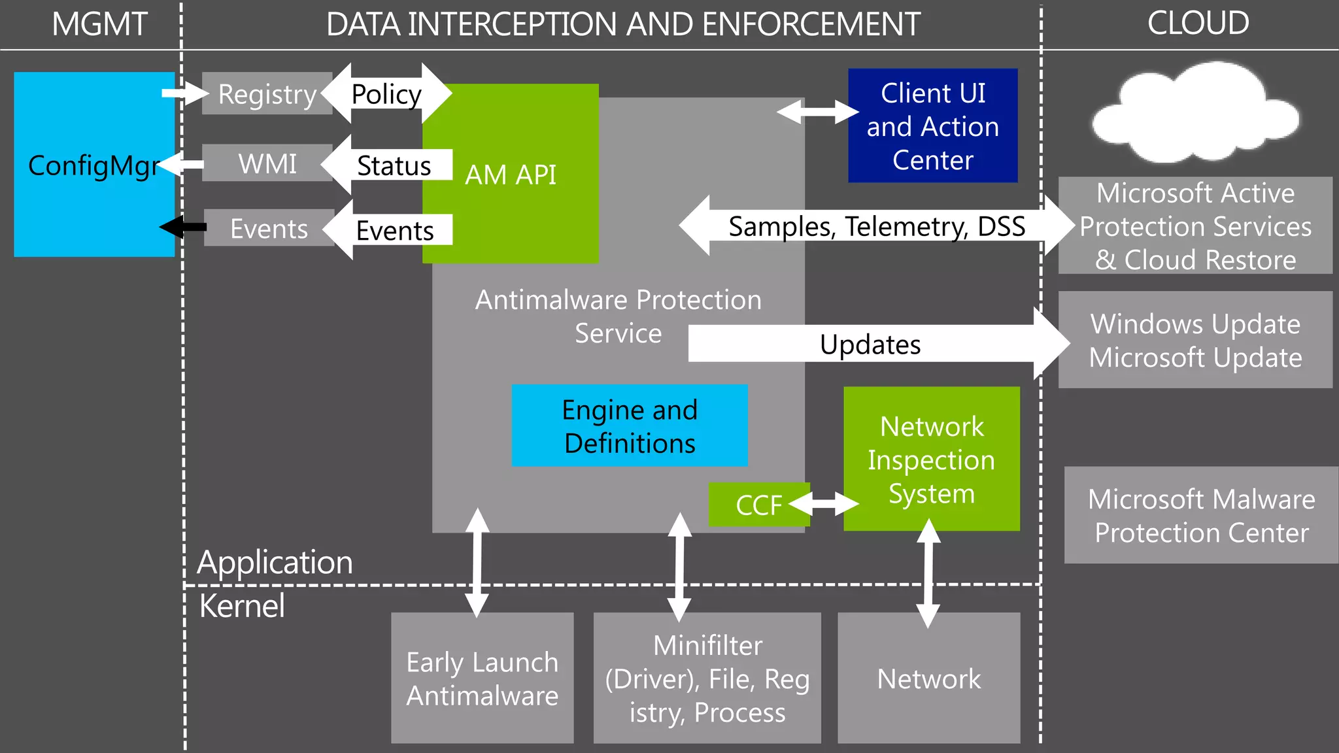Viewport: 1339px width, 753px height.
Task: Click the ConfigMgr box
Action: pyautogui.click(x=93, y=165)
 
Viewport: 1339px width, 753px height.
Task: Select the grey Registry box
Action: pyautogui.click(x=267, y=94)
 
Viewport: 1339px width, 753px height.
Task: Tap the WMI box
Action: pyautogui.click(x=267, y=163)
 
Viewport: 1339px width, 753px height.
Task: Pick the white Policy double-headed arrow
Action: pyautogui.click(x=386, y=93)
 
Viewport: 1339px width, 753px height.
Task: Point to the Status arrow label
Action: pyautogui.click(x=394, y=165)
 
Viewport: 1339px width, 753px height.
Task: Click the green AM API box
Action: pyautogui.click(x=510, y=175)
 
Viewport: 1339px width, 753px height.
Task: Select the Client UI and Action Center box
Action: pyautogui.click(x=932, y=125)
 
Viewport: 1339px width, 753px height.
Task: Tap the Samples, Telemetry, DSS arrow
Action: pyautogui.click(x=876, y=226)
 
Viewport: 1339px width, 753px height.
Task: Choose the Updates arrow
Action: pyautogui.click(x=870, y=344)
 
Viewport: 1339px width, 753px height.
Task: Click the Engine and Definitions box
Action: pyautogui.click(x=629, y=426)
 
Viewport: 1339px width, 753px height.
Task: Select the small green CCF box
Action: pyautogui.click(x=758, y=505)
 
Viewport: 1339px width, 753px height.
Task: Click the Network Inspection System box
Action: pyautogui.click(x=931, y=459)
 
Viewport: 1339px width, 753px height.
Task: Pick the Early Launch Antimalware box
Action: pyautogui.click(x=482, y=678)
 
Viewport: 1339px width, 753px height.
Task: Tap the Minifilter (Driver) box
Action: pyautogui.click(x=707, y=678)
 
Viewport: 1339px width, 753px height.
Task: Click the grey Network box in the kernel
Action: pyautogui.click(x=928, y=678)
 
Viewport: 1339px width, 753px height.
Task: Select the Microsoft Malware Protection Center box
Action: pyautogui.click(x=1200, y=515)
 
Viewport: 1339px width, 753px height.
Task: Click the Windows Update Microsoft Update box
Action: pyautogui.click(x=1195, y=340)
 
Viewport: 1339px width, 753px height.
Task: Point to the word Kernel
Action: pyautogui.click(x=242, y=606)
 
